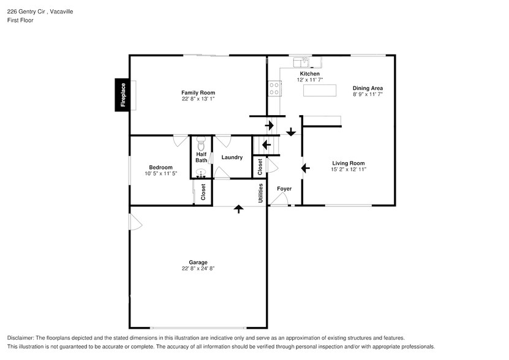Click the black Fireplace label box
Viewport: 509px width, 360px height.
123,95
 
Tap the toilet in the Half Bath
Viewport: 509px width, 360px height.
201,146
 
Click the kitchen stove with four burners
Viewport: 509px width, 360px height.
274,89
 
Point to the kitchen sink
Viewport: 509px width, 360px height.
302,62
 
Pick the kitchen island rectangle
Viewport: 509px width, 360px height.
320,91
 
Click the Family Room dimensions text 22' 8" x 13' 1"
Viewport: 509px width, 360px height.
198,99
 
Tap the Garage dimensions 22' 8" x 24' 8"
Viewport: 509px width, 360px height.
198,268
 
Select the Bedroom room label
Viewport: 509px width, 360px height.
160,167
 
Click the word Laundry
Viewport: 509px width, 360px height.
232,157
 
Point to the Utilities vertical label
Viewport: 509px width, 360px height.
260,193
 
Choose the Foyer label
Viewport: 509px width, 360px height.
284,189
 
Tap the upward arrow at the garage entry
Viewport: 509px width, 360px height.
238,209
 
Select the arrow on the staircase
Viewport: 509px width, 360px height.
266,145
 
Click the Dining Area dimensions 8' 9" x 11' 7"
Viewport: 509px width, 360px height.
367,94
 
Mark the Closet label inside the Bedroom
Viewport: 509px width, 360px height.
203,192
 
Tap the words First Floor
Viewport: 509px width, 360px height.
20,20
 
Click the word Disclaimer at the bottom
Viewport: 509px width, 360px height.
21,338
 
